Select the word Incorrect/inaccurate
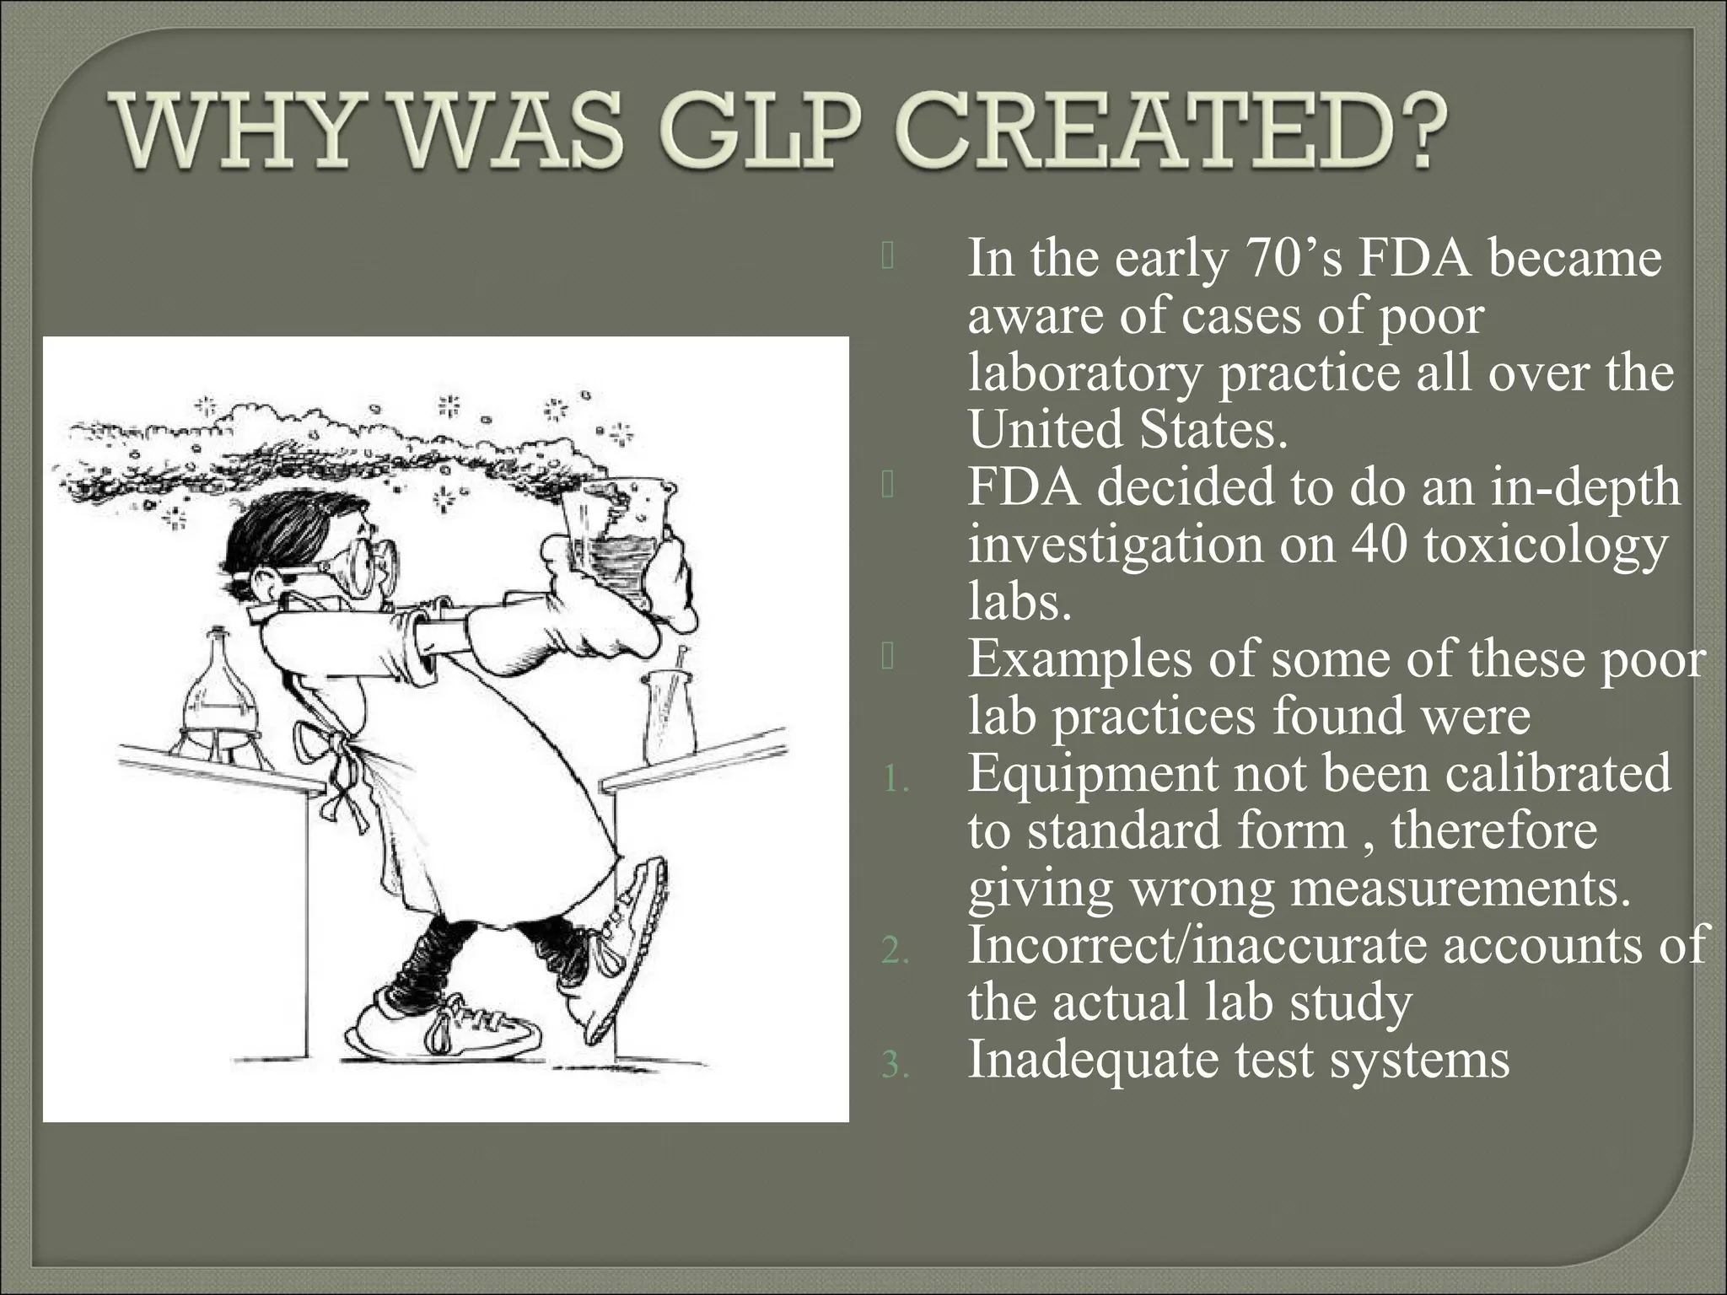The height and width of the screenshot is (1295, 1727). [x=1197, y=945]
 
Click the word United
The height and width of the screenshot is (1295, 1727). [x=1046, y=430]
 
